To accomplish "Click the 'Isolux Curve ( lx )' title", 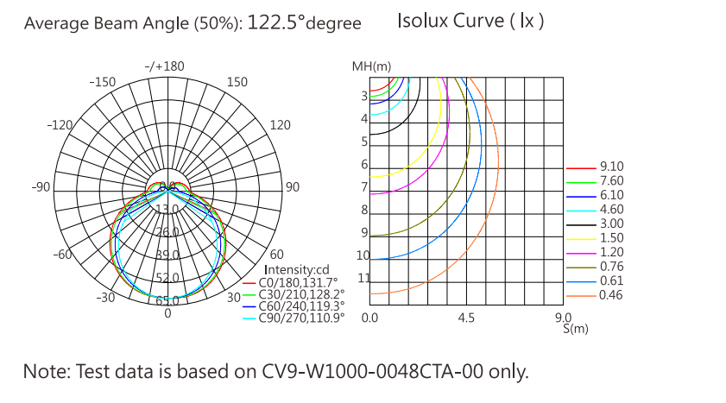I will coord(470,21).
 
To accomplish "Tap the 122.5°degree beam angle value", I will coord(304,23).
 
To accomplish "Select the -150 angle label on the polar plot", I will coord(103,82).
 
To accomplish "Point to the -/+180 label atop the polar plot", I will coord(165,66).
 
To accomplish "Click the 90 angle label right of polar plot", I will coord(293,187).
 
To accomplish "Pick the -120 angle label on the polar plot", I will coord(60,125).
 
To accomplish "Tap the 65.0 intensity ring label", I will coord(167,301).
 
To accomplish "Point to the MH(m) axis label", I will coord(371,66).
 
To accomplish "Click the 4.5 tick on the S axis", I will coord(466,318).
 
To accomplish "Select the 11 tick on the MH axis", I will coord(363,278).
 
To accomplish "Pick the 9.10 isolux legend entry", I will coord(611,167).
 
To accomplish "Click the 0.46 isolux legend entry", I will coord(611,296).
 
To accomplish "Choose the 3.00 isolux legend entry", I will coord(611,224).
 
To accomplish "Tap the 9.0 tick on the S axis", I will coord(565,318).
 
